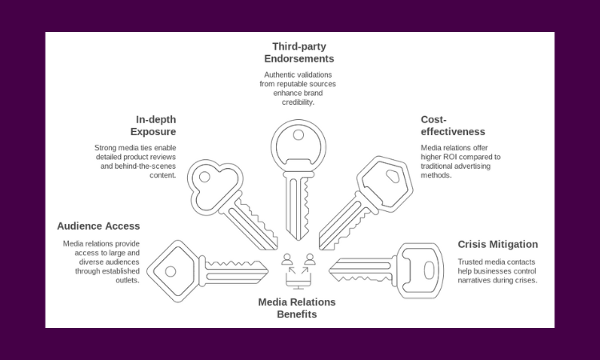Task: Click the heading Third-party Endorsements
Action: pos(299,53)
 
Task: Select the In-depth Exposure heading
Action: pos(153,126)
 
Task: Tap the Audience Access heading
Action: pos(98,226)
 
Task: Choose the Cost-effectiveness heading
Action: pos(453,126)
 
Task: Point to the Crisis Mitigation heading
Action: pos(498,245)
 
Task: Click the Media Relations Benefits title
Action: pos(297,308)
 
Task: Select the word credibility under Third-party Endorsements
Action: pos(298,102)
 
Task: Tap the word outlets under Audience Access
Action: pos(127,280)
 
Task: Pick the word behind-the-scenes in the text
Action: pos(146,166)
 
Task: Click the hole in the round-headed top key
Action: pos(298,135)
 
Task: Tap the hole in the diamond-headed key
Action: pos(170,272)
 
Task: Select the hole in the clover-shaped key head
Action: pos(204,177)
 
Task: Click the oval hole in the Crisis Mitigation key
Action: pos(429,270)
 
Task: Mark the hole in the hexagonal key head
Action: pos(393,176)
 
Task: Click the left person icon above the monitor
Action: pos(287,259)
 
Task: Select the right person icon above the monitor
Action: pos(310,259)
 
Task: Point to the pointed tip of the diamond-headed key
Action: pos(268,272)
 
